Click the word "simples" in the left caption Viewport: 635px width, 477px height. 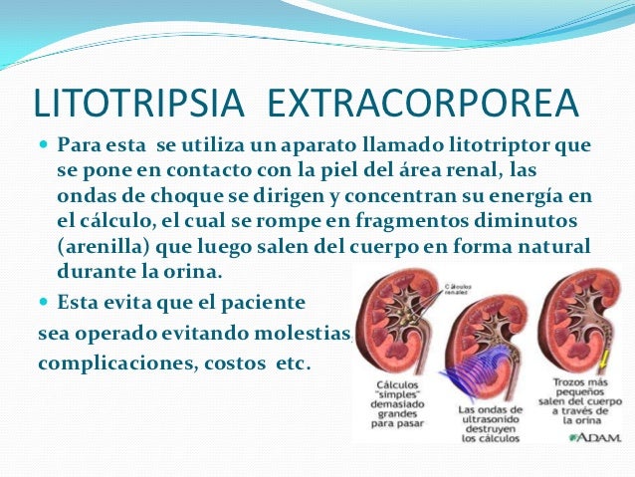tap(396, 396)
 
